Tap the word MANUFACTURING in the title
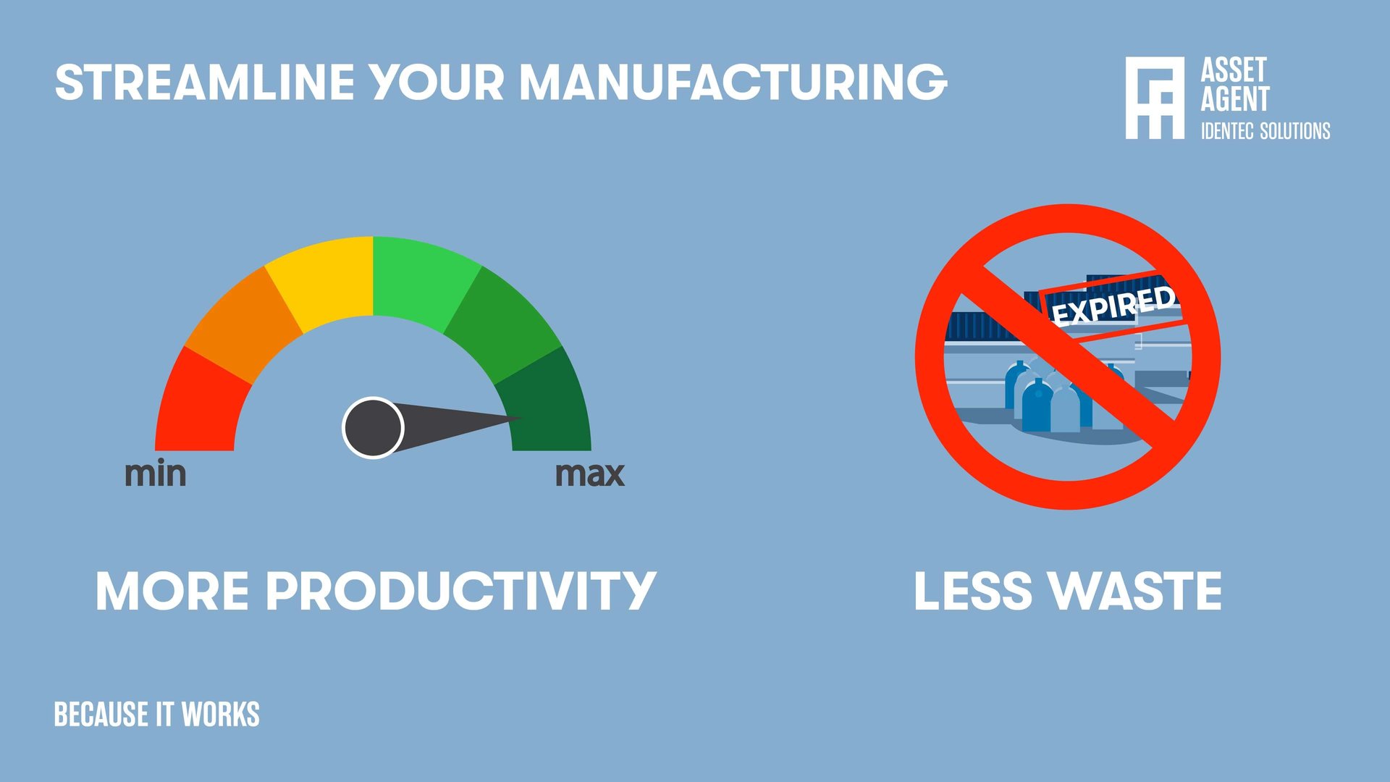733,82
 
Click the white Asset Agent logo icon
1155,98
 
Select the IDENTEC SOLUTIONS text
1265,131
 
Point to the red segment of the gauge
199,405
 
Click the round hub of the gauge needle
373,428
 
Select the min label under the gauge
155,474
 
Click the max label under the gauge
589,474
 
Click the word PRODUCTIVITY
460,591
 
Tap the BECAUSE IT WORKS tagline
156,714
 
